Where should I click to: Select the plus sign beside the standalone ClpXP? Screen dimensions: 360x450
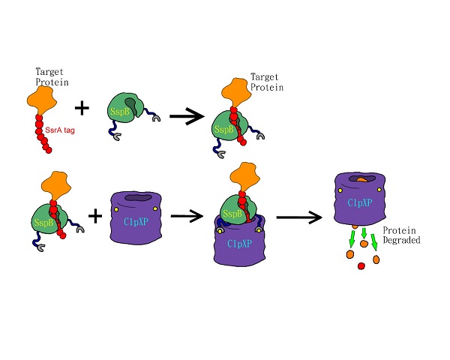pyautogui.click(x=96, y=217)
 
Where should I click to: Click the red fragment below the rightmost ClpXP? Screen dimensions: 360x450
pyautogui.click(x=361, y=266)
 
